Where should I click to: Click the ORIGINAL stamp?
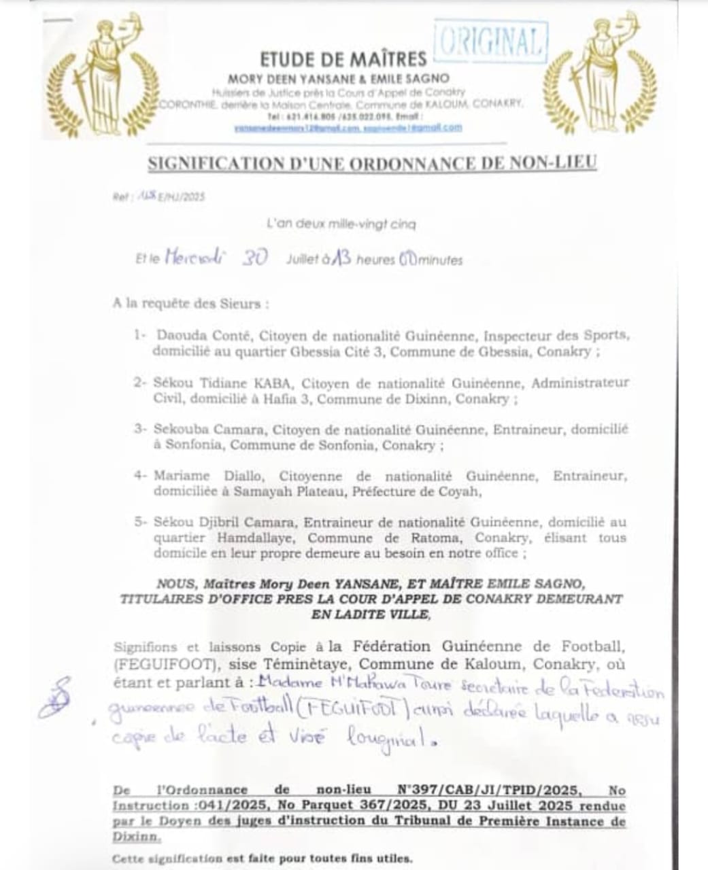(x=490, y=42)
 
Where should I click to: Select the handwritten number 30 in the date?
(x=254, y=258)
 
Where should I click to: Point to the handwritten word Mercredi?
(x=195, y=258)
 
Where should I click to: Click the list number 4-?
(x=141, y=476)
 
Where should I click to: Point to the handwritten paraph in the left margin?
(x=54, y=697)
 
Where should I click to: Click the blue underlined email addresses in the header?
(x=348, y=127)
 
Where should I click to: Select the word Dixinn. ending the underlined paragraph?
(x=136, y=837)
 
